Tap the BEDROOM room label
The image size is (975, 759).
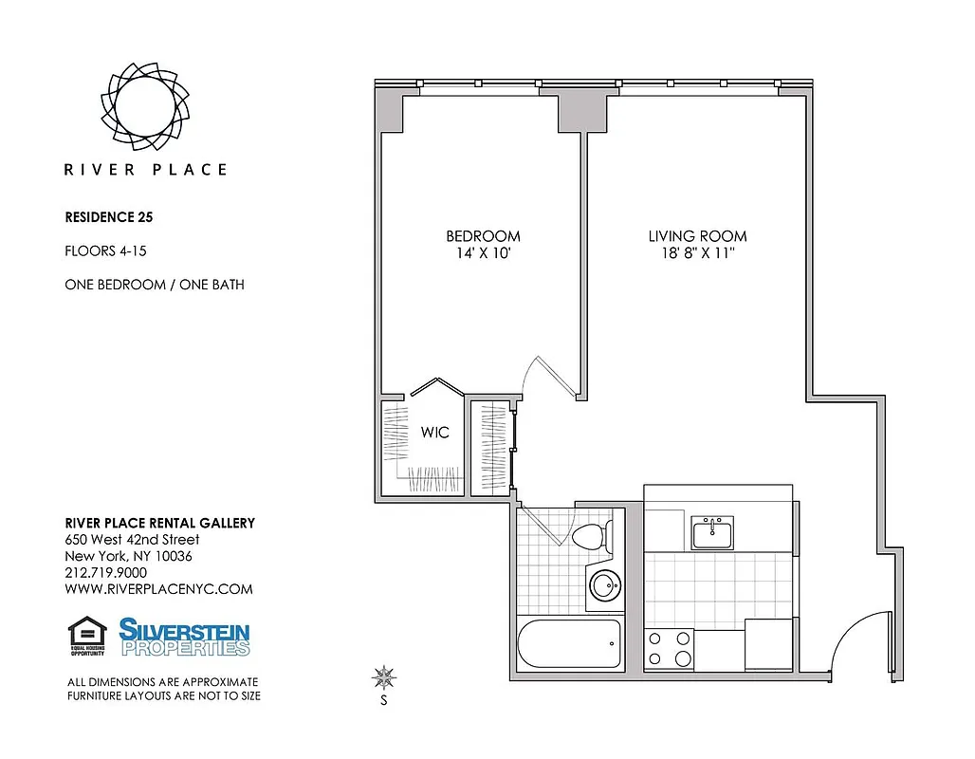click(483, 236)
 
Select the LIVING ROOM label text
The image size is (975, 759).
click(697, 236)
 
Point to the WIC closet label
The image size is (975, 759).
click(434, 433)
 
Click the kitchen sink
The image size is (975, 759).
click(711, 534)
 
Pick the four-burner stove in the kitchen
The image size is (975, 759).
click(669, 648)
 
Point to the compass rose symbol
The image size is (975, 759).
click(384, 677)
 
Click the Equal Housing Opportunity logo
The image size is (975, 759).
click(87, 637)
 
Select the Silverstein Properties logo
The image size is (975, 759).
click(184, 637)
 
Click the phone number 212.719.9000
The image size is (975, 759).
click(105, 572)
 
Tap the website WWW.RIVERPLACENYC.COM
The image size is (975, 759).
click(158, 588)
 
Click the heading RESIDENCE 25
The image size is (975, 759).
click(108, 216)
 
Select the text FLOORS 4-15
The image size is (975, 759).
click(104, 251)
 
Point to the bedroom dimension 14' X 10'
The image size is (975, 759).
click(483, 253)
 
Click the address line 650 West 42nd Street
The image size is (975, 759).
click(132, 540)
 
